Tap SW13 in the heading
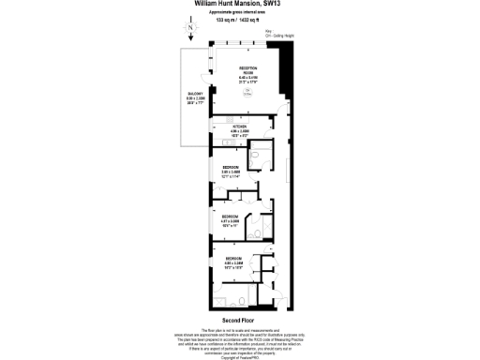click(274, 4)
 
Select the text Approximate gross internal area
click(239, 11)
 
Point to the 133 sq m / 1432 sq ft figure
click(239, 19)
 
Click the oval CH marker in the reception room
click(248, 92)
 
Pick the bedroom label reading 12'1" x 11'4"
click(231, 170)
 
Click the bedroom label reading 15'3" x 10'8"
click(233, 262)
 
